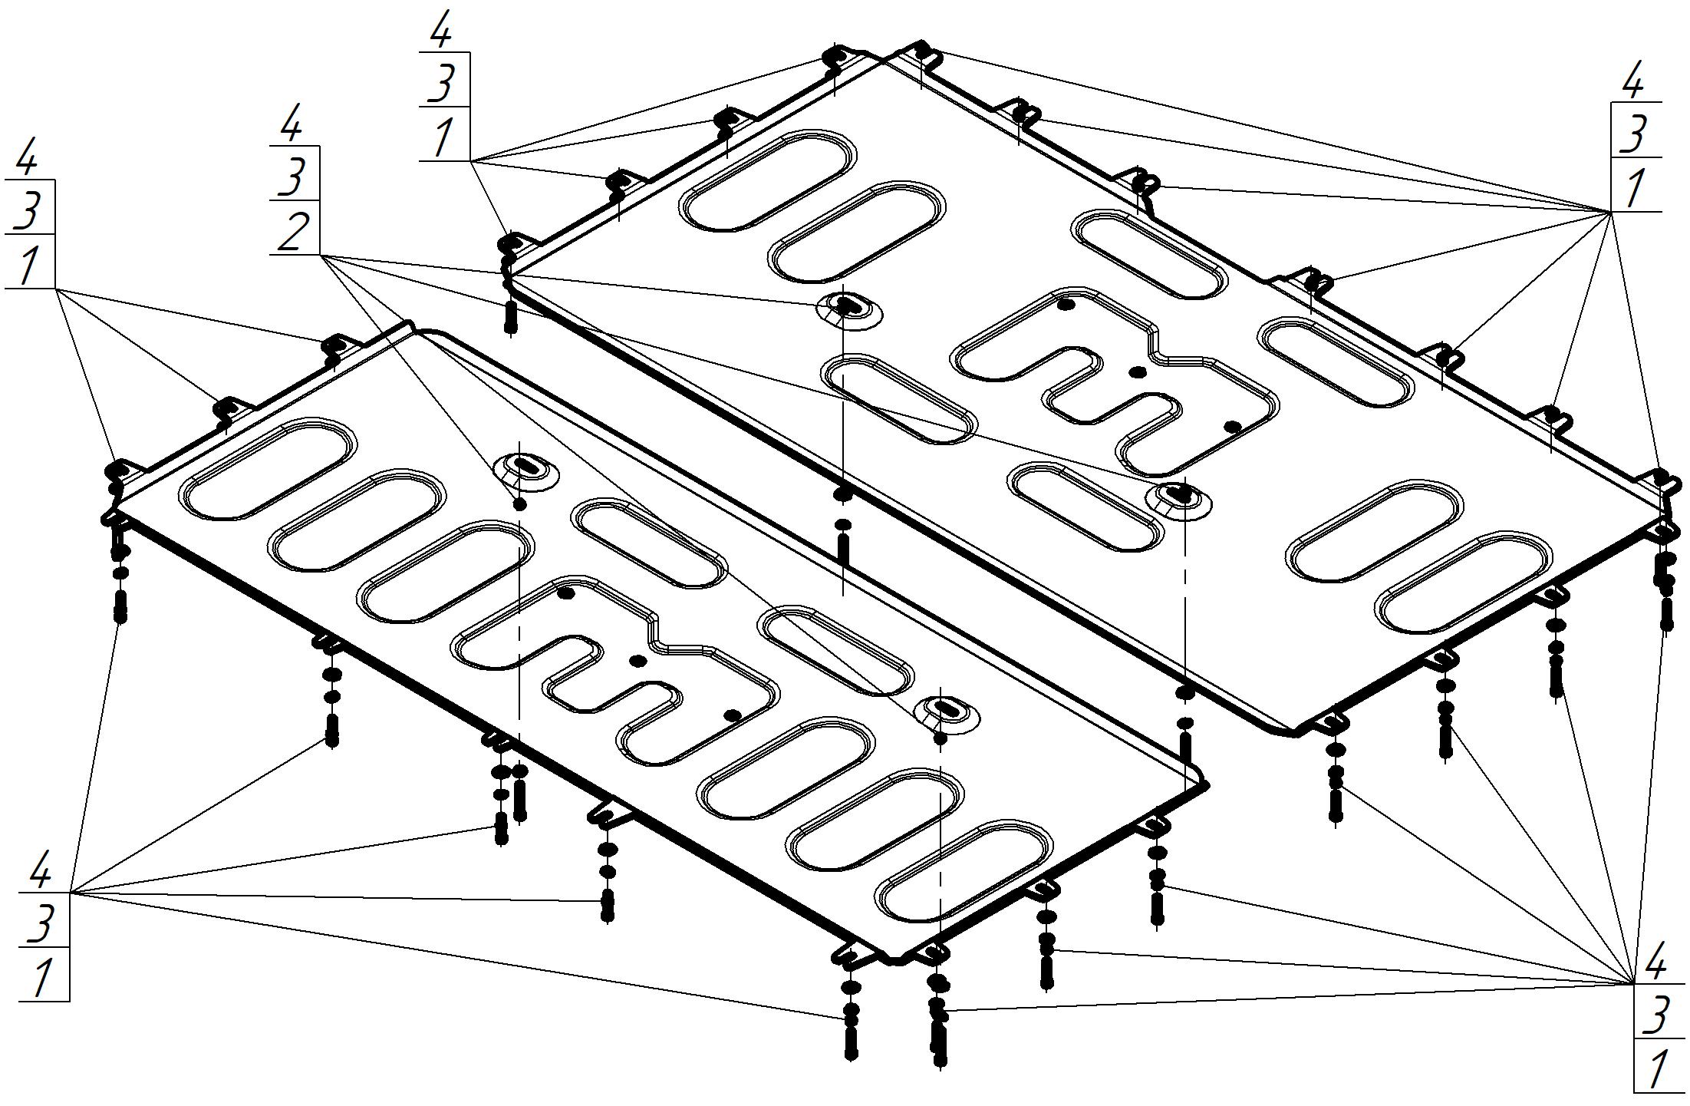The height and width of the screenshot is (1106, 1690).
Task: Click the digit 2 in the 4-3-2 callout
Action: click(295, 231)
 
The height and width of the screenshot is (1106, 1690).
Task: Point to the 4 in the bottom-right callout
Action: click(1656, 963)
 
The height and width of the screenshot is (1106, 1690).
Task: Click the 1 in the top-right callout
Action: click(1635, 188)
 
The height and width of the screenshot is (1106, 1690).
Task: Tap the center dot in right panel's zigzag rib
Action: click(1138, 372)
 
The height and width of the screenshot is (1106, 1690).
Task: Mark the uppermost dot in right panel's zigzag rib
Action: click(1065, 305)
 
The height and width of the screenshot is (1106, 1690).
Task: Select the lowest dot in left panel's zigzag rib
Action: click(733, 715)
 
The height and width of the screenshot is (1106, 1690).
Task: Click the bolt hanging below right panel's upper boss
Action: click(843, 550)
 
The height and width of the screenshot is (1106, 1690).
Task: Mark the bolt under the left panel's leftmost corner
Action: click(120, 607)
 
